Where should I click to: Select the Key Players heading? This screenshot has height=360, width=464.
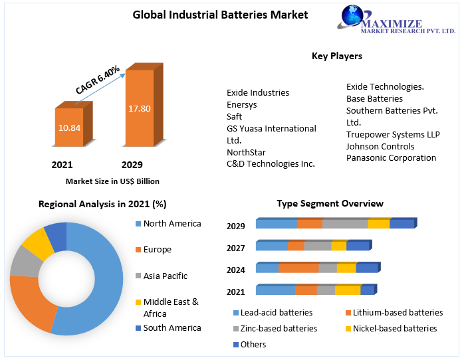pos(336,56)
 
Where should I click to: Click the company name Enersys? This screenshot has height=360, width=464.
pos(241,104)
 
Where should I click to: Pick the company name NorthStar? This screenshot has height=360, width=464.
pos(247,152)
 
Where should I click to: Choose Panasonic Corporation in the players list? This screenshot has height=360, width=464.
pos(391,158)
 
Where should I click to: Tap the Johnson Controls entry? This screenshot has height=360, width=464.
pos(380,146)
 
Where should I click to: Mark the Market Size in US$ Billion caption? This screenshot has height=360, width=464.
pos(112,181)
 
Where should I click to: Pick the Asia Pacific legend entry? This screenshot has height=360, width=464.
pos(165,276)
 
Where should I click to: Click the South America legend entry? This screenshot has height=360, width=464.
pos(172,327)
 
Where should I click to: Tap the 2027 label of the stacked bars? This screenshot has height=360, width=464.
pos(235,248)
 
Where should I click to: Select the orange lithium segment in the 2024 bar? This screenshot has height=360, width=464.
pos(298,268)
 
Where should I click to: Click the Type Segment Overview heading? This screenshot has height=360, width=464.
pos(330,203)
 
